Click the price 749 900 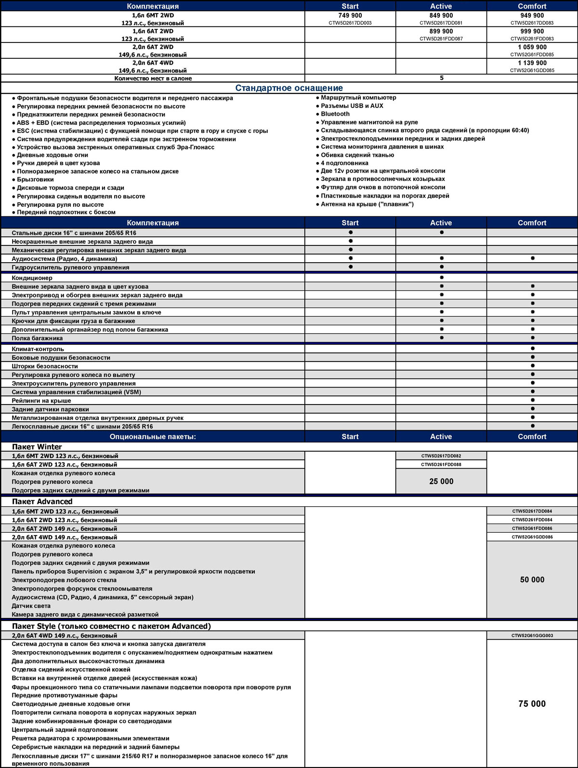coord(350,15)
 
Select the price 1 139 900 coord(532,63)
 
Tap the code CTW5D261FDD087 coord(441,39)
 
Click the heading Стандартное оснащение coord(289,88)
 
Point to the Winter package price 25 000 coord(441,481)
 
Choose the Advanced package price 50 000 coord(532,579)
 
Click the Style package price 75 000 coord(532,704)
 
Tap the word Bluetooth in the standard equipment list coord(335,114)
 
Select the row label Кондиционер coord(32,278)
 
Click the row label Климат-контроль coord(38,349)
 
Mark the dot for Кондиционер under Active coord(441,278)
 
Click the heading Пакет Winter coord(37,447)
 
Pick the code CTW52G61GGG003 coord(532,635)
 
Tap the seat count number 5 coord(441,78)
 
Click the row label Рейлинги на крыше coord(41,401)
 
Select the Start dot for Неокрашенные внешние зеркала coord(350,241)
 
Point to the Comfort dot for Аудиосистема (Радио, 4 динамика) coord(532,258)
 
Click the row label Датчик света coord(31,606)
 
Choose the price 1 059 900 coord(532,47)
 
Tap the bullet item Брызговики coord(35,179)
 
